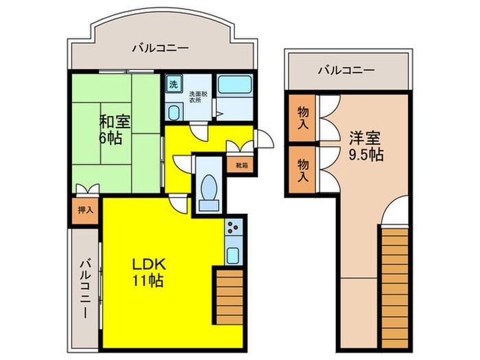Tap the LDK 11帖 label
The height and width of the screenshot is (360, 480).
(147, 272)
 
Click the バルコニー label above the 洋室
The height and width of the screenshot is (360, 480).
(346, 70)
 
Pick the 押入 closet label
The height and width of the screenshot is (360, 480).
(84, 211)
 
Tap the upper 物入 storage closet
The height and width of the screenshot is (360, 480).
(302, 118)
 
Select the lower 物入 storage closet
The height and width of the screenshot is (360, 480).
(302, 167)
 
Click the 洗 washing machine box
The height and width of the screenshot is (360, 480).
(173, 84)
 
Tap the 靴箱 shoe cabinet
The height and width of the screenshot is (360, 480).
(241, 165)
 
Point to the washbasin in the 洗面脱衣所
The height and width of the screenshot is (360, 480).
(174, 112)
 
